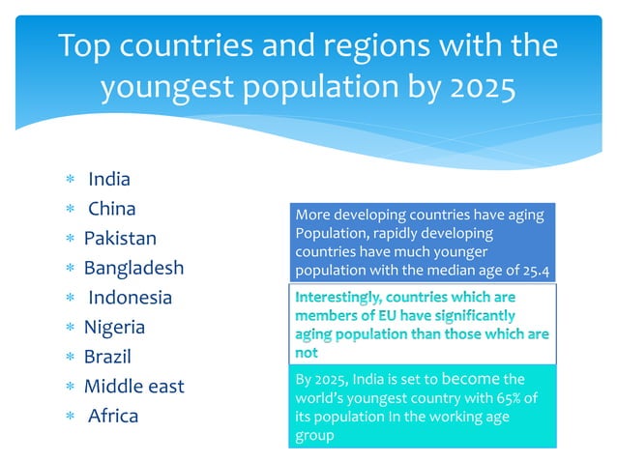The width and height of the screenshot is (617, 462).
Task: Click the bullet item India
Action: coord(108,179)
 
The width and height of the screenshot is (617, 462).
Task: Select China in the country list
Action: coord(111,209)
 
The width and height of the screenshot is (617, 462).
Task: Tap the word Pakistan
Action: coord(120,239)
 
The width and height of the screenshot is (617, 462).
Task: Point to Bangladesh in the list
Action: coord(133,268)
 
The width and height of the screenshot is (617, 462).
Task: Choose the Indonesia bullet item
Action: coord(130,298)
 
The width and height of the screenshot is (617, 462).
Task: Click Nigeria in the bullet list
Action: coord(114,328)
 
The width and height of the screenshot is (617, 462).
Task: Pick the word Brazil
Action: coord(107,357)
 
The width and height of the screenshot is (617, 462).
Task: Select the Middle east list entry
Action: coord(133,387)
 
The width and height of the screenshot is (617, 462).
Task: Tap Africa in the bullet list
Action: coord(113,417)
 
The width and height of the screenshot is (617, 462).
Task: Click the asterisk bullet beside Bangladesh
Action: coord(69,269)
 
